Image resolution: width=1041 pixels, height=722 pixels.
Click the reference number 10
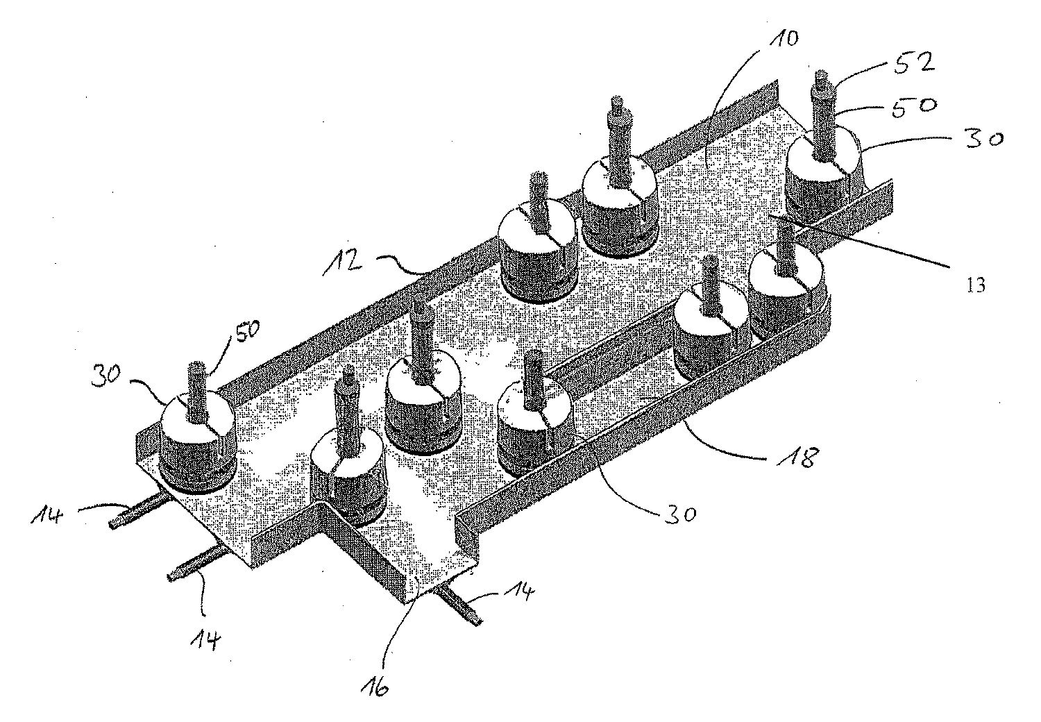coord(784,40)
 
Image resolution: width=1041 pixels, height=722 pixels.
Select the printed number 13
coord(976,285)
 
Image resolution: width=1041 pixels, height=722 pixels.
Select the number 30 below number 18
coord(679,514)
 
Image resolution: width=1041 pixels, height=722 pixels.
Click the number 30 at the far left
coord(106,375)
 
